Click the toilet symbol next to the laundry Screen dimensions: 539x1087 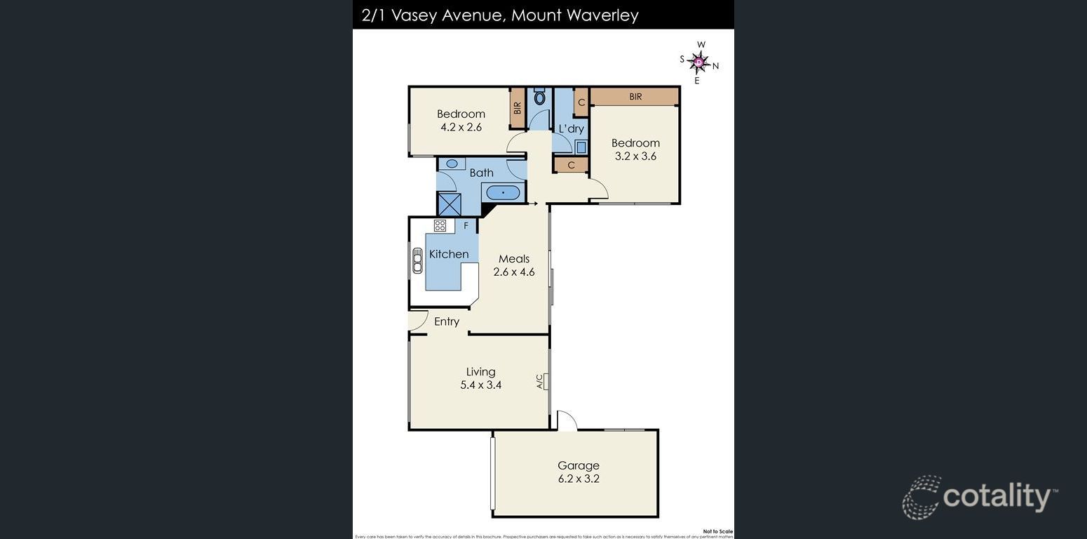[539, 97]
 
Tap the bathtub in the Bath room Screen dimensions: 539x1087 [502, 192]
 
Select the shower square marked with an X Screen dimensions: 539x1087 [449, 204]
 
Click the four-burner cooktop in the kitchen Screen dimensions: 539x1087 [440, 225]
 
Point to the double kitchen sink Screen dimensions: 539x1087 [417, 260]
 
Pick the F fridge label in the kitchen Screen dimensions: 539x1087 [466, 226]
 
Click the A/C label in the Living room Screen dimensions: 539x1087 [540, 381]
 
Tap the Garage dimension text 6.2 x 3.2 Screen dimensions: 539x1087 [578, 479]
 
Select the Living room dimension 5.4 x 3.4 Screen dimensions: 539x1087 [480, 385]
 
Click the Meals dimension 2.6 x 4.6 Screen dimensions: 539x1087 [513, 272]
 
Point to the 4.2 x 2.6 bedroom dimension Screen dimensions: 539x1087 [461, 127]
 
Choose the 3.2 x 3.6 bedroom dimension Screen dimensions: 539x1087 [635, 156]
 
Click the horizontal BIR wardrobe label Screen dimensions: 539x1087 [635, 97]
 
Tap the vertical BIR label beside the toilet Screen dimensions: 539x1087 [518, 108]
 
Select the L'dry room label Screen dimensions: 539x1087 [571, 129]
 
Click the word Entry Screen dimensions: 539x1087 [446, 321]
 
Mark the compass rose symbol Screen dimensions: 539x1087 [698, 62]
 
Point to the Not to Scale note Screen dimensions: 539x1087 [717, 531]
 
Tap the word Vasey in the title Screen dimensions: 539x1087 [414, 15]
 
